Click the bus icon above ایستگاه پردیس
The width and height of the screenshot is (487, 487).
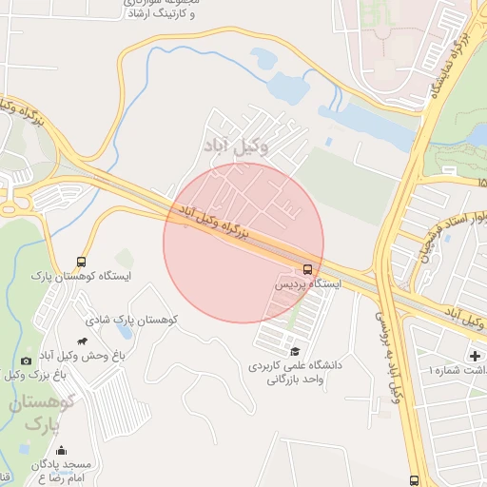click(307, 268)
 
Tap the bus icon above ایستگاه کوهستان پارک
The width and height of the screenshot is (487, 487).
click(81, 261)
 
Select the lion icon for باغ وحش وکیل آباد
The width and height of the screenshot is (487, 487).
click(85, 341)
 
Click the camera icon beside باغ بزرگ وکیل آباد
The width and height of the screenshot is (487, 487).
click(26, 360)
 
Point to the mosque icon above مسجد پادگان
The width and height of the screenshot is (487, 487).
click(63, 451)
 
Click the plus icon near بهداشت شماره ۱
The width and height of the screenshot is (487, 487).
click(475, 356)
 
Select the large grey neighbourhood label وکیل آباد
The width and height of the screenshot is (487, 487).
click(236, 146)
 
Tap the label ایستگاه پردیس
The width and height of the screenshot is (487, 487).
click(307, 283)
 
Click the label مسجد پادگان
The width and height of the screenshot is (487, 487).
click(63, 464)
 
